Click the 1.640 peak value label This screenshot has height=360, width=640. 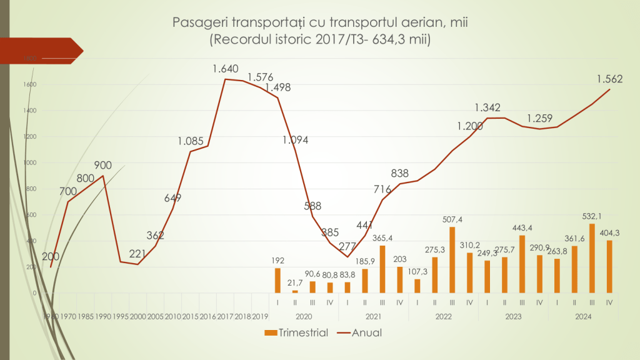click(x=226, y=69)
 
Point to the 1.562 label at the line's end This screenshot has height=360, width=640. click(x=609, y=79)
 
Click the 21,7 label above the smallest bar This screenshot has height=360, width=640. click(x=295, y=283)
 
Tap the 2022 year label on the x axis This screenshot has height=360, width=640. click(x=442, y=317)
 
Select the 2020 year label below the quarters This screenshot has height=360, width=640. click(x=303, y=317)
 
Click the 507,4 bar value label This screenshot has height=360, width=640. click(x=452, y=220)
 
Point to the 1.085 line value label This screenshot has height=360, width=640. click(x=191, y=141)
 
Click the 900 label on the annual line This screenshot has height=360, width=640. click(x=102, y=166)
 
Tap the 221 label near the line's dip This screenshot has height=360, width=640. click(x=138, y=254)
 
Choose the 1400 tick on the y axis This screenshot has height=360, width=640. click(x=29, y=111)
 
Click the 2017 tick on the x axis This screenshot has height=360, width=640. click(x=225, y=317)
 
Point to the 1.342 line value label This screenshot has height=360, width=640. click(x=487, y=107)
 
